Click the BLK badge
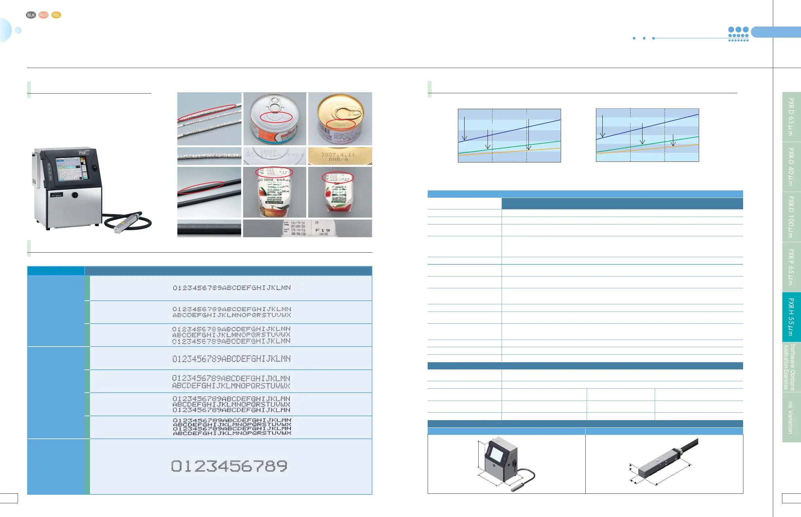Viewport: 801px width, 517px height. coord(31,15)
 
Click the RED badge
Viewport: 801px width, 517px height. coord(43,15)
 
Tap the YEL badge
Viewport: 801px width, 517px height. coord(56,15)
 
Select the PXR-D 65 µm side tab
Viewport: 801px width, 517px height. coord(791,116)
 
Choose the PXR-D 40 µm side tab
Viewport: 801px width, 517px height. coord(791,167)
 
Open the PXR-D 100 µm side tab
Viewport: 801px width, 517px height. coord(791,217)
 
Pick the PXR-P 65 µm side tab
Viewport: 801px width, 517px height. coord(791,267)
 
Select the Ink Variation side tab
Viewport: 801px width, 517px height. coord(791,417)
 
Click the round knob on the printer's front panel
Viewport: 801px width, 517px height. coord(75,195)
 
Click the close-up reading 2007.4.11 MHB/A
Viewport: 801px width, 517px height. coord(340,156)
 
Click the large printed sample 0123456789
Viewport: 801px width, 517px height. coord(230,466)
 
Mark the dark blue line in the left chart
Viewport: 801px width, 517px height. coord(509,131)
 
